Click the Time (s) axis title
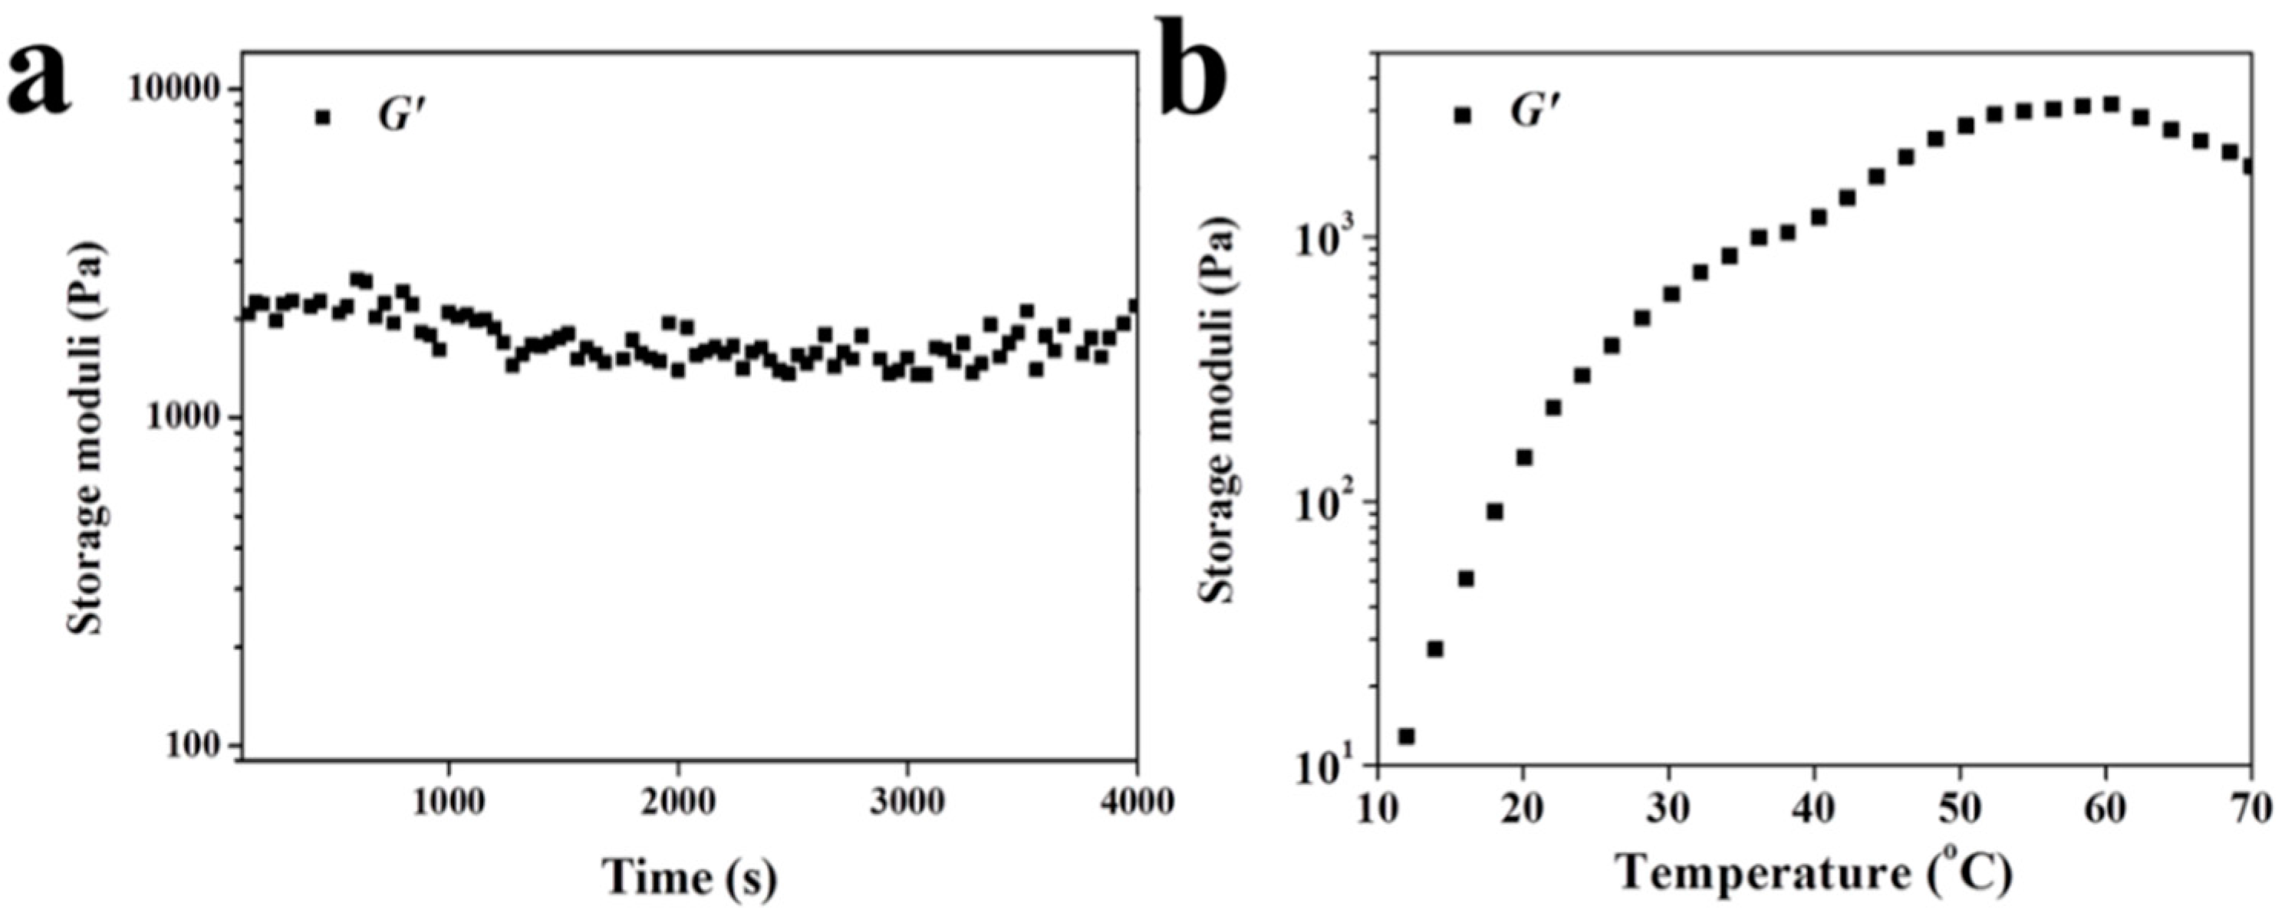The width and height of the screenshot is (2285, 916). [x=690, y=877]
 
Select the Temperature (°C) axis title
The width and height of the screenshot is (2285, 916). [x=1813, y=877]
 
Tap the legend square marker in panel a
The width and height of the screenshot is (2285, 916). [x=323, y=117]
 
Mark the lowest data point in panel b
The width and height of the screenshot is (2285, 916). [x=1406, y=736]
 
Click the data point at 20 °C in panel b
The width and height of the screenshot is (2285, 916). [x=1524, y=458]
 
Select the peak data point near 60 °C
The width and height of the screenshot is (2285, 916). [x=2110, y=106]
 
